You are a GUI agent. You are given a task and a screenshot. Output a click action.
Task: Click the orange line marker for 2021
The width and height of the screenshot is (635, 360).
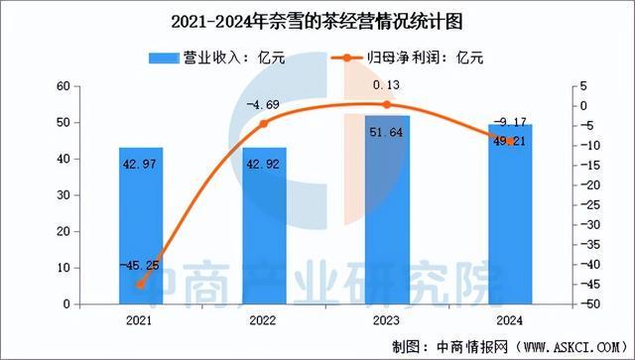pyautogui.click(x=140, y=285)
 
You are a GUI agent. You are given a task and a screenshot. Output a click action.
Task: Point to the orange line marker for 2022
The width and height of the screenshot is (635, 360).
pyautogui.click(x=263, y=124)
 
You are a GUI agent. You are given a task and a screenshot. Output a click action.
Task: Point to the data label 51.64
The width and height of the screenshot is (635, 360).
pyautogui.click(x=386, y=132)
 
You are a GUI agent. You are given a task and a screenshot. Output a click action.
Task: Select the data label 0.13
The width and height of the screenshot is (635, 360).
pyautogui.click(x=386, y=86)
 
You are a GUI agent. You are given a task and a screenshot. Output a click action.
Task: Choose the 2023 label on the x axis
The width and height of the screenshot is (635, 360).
pyautogui.click(x=386, y=320)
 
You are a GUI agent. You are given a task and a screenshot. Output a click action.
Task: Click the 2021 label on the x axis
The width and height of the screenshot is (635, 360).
pyautogui.click(x=140, y=320)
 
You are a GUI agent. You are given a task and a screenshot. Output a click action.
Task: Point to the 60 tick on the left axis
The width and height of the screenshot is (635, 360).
pyautogui.click(x=61, y=86)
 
